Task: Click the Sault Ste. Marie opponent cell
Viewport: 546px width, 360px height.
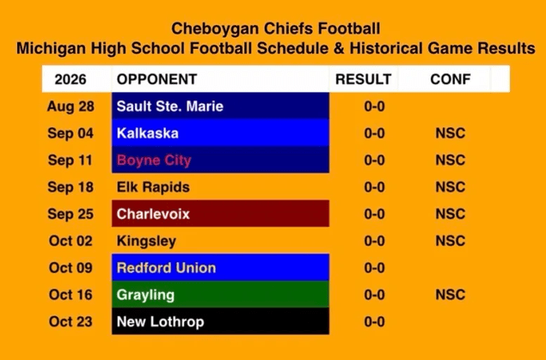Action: (x=220, y=106)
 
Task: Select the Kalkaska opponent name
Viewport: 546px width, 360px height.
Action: (x=148, y=133)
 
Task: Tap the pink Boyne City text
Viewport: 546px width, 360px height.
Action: (x=154, y=161)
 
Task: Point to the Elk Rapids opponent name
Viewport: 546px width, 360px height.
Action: (x=153, y=187)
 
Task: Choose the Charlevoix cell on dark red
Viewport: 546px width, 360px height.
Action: (x=220, y=214)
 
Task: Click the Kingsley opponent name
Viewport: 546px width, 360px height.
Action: (x=146, y=241)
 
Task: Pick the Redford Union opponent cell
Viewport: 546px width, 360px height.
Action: (x=220, y=267)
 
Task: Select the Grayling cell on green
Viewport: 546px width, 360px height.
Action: (x=220, y=294)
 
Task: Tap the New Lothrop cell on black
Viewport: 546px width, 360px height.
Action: (x=220, y=321)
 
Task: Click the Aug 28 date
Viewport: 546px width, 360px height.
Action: (x=71, y=107)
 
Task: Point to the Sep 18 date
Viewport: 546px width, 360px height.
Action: (x=71, y=187)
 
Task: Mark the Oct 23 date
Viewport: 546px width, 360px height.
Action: (x=71, y=321)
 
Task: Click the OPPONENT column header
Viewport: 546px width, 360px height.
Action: (x=157, y=79)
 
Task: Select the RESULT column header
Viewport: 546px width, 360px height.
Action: (x=363, y=79)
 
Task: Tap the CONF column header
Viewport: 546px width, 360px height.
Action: (x=451, y=79)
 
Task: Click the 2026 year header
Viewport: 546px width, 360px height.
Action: (x=71, y=79)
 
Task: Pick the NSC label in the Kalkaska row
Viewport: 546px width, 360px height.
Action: (x=451, y=133)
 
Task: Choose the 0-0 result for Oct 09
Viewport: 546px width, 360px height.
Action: (x=374, y=268)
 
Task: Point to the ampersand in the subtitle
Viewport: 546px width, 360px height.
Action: (x=339, y=48)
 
